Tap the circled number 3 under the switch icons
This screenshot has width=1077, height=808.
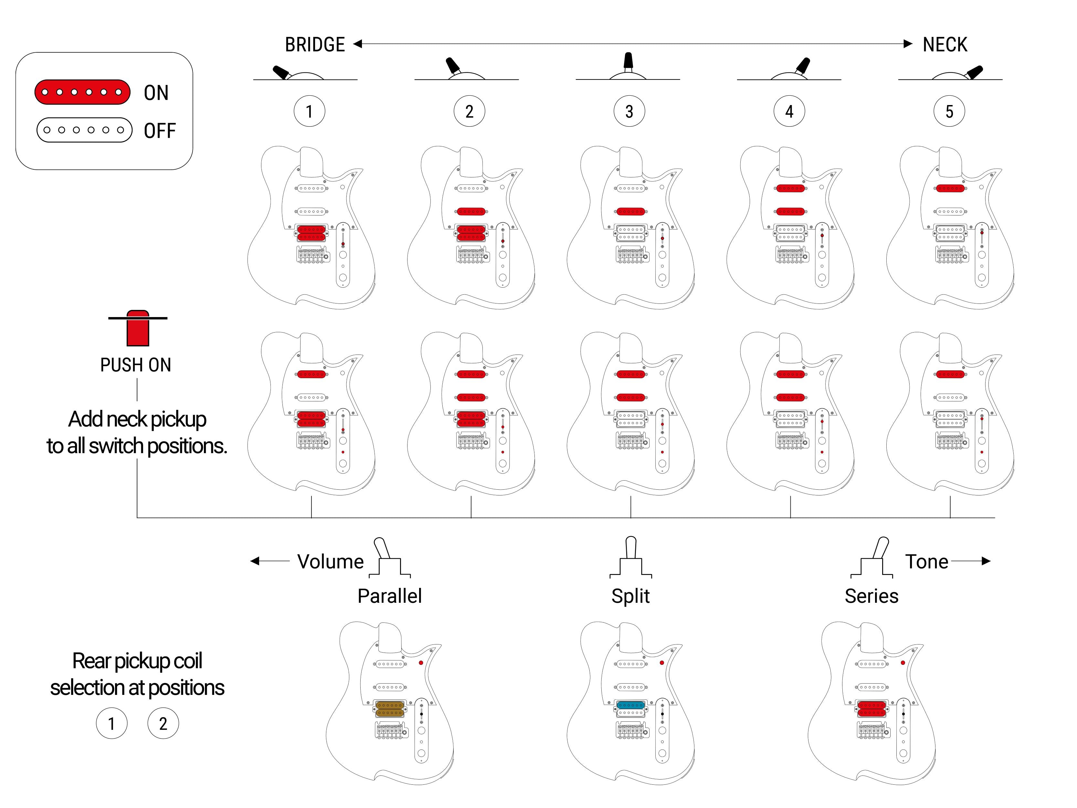pyautogui.click(x=629, y=111)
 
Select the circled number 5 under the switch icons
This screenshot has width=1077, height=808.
pyautogui.click(x=949, y=111)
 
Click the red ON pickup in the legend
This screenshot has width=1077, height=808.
pyautogui.click(x=82, y=92)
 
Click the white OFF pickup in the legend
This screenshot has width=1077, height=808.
pyautogui.click(x=84, y=130)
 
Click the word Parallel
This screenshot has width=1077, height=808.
pyautogui.click(x=389, y=596)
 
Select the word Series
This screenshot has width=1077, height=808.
pyautogui.click(x=871, y=596)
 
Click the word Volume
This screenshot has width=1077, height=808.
pyautogui.click(x=331, y=561)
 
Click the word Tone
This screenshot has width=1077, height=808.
pyautogui.click(x=926, y=561)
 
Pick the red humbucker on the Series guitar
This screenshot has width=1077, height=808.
pyautogui.click(x=871, y=709)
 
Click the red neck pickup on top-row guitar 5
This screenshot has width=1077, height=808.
pyautogui.click(x=950, y=188)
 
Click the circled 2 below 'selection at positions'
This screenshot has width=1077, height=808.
pyautogui.click(x=163, y=723)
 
